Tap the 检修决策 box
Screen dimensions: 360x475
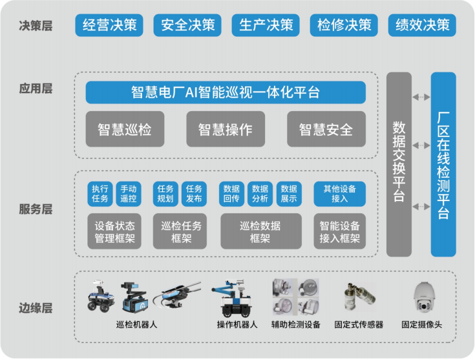coord(344,25)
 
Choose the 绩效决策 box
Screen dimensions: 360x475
coord(422,25)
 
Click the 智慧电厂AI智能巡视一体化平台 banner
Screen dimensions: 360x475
coord(226,92)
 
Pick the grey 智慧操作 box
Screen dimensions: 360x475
coord(226,129)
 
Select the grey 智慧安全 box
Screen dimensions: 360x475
coord(326,129)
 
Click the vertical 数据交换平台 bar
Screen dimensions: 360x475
coord(399,164)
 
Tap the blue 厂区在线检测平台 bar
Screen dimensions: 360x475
coord(443,164)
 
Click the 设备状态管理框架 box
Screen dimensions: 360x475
coord(114,231)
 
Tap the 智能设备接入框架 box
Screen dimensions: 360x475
coord(339,231)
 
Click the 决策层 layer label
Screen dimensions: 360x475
coord(36,26)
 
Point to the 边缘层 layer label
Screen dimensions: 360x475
coord(36,307)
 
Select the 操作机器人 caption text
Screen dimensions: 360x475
coord(237,324)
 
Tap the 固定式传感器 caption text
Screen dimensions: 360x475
coord(359,324)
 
